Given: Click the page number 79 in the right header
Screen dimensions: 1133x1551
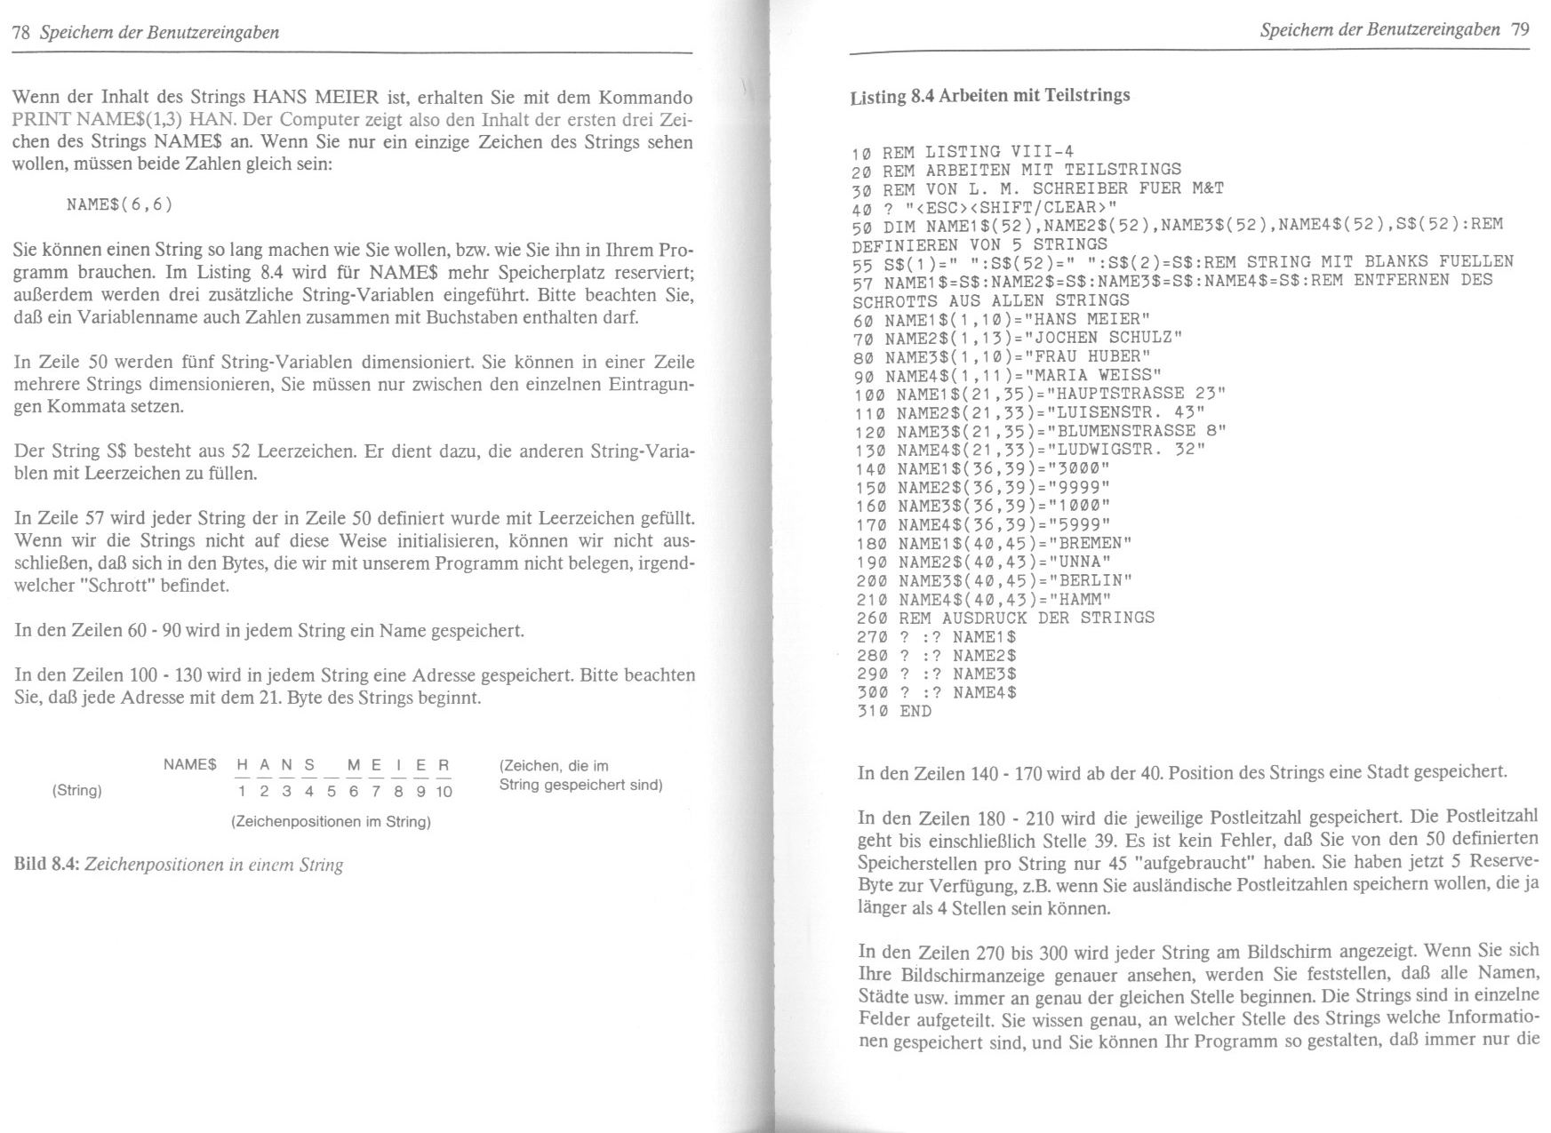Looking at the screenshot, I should click(x=1520, y=29).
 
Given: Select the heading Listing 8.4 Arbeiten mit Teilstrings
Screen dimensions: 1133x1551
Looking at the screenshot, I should click(x=989, y=96).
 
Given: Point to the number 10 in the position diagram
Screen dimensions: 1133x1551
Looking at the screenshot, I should click(x=444, y=792).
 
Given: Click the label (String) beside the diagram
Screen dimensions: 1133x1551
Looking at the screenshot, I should click(x=77, y=790).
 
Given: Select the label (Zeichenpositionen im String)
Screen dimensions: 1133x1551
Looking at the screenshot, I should click(x=331, y=822).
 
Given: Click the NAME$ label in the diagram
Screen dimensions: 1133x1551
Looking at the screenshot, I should click(x=189, y=764).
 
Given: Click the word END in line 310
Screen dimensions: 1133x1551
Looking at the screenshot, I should click(x=915, y=711).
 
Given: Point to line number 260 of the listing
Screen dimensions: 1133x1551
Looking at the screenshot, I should click(x=872, y=618).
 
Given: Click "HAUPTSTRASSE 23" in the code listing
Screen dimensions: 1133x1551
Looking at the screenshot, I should click(x=1137, y=394).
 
